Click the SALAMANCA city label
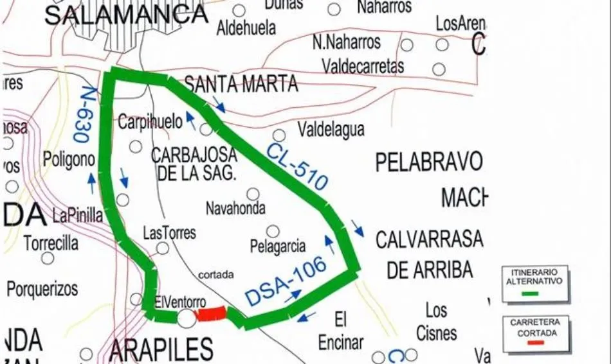126,14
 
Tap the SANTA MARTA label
241,84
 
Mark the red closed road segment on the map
211,314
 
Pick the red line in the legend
536,342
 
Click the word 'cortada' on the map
216,274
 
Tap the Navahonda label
235,209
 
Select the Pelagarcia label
278,247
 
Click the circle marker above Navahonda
253,194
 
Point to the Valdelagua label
331,130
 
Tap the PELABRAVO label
429,162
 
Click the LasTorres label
169,232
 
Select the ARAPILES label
161,349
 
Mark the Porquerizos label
42,288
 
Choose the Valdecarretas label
363,66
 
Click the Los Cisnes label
436,322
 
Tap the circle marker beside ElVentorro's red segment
186,317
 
